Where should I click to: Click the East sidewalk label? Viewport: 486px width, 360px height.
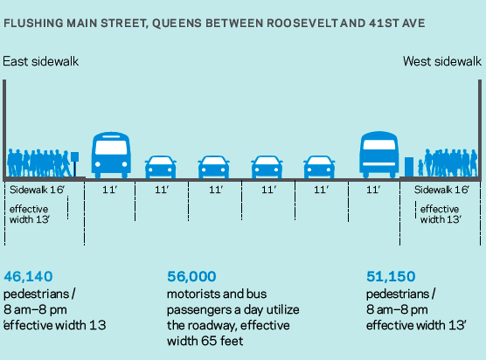pyautogui.click(x=40, y=61)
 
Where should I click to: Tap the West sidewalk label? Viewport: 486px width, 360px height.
pyautogui.click(x=442, y=61)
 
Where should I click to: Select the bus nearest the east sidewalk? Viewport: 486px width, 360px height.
pyautogui.click(x=111, y=155)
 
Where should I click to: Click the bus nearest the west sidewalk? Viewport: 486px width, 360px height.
pyautogui.click(x=378, y=155)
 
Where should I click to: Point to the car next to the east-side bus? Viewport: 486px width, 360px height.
pyautogui.click(x=161, y=167)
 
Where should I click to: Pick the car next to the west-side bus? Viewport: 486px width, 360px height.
pyautogui.click(x=319, y=167)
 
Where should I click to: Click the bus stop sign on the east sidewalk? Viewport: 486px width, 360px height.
pyautogui.click(x=74, y=164)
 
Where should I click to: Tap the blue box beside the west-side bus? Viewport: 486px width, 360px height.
pyautogui.click(x=409, y=167)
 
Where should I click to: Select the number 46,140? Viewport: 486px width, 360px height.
pyautogui.click(x=28, y=276)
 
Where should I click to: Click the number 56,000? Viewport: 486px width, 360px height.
pyautogui.click(x=191, y=276)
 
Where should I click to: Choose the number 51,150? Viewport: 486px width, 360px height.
pyautogui.click(x=391, y=276)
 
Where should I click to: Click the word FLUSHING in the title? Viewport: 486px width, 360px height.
pyautogui.click(x=33, y=24)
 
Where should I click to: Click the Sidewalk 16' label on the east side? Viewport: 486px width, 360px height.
pyautogui.click(x=37, y=190)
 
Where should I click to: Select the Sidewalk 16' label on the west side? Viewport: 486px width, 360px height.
pyautogui.click(x=441, y=190)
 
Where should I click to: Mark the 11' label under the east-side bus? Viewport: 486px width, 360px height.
pyautogui.click(x=110, y=190)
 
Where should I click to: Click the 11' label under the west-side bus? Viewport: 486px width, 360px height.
pyautogui.click(x=373, y=190)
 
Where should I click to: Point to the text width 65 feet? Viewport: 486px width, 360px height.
pyautogui.click(x=205, y=341)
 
